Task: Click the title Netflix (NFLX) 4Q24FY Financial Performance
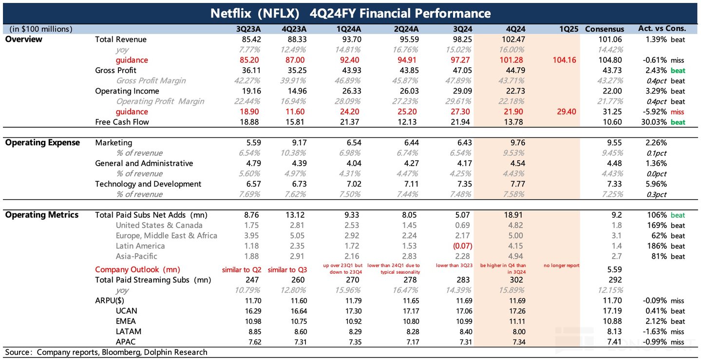350,13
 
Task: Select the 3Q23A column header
248,29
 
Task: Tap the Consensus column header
604,29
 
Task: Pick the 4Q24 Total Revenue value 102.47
513,39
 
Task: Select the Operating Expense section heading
42,143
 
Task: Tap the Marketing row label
114,143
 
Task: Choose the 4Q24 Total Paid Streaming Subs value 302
517,280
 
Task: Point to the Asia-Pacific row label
136,256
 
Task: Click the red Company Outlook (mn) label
137,269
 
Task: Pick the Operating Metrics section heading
41,215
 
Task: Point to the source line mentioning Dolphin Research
106,352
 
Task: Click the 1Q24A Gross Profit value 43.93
349,71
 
